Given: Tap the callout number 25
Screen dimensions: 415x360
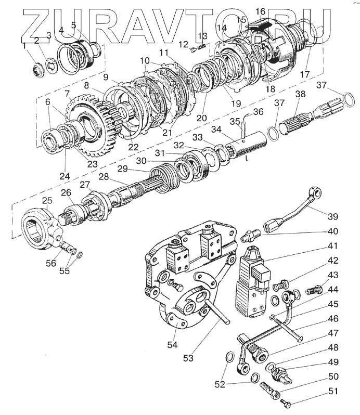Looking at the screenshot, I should pos(47,200).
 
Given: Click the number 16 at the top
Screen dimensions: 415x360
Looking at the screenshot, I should pos(260,11).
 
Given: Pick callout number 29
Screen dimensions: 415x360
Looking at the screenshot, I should pos(122,169).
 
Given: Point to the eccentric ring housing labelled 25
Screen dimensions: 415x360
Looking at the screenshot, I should pos(39,229).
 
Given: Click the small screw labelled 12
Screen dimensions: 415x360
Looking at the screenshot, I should pos(194,49).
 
